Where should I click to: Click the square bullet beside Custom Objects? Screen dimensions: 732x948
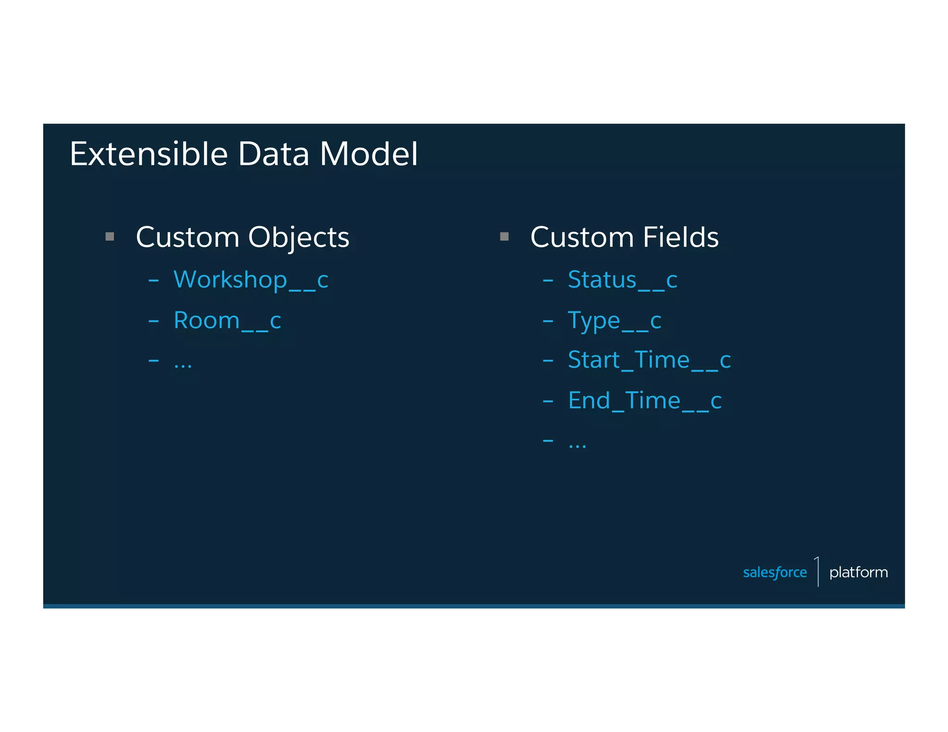pos(110,237)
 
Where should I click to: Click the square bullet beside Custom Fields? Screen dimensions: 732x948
pos(504,237)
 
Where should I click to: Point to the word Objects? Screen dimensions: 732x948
pos(299,238)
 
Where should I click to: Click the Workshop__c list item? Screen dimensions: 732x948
pos(250,280)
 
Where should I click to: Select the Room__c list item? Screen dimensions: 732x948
pos(227,321)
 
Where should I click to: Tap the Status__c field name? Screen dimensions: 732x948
pos(622,280)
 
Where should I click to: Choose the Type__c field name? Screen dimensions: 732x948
pos(614,321)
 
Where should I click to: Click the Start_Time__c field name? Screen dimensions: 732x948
pos(649,360)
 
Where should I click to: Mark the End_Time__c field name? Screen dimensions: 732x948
pos(644,401)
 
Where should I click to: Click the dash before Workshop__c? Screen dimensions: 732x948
pos(154,280)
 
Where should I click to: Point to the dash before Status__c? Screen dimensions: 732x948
pos(548,280)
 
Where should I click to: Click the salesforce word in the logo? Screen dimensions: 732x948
pos(774,572)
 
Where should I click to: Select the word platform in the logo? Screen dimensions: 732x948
pos(858,572)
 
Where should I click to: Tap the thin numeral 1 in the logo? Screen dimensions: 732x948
pos(817,571)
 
